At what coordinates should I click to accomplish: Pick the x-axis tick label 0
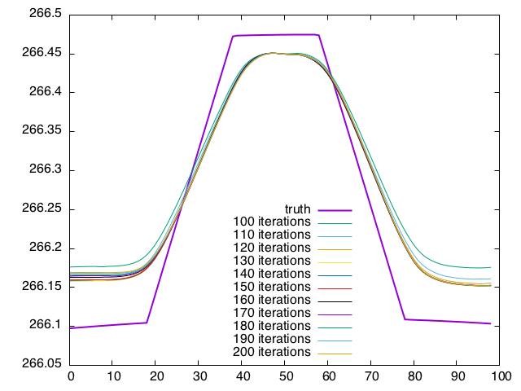pos(71,376)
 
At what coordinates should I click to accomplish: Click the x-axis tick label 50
pos(285,376)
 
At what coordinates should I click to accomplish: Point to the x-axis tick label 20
pos(156,376)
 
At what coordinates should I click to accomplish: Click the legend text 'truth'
pos(298,209)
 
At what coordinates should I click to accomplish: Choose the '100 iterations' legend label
pos(272,222)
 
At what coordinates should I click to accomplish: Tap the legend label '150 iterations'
pos(272,287)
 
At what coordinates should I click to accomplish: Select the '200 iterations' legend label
pos(272,352)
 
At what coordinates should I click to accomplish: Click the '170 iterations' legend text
pos(272,313)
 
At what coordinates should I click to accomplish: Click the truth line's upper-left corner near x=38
pos(234,36)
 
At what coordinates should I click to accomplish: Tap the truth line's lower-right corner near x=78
pos(405,319)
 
